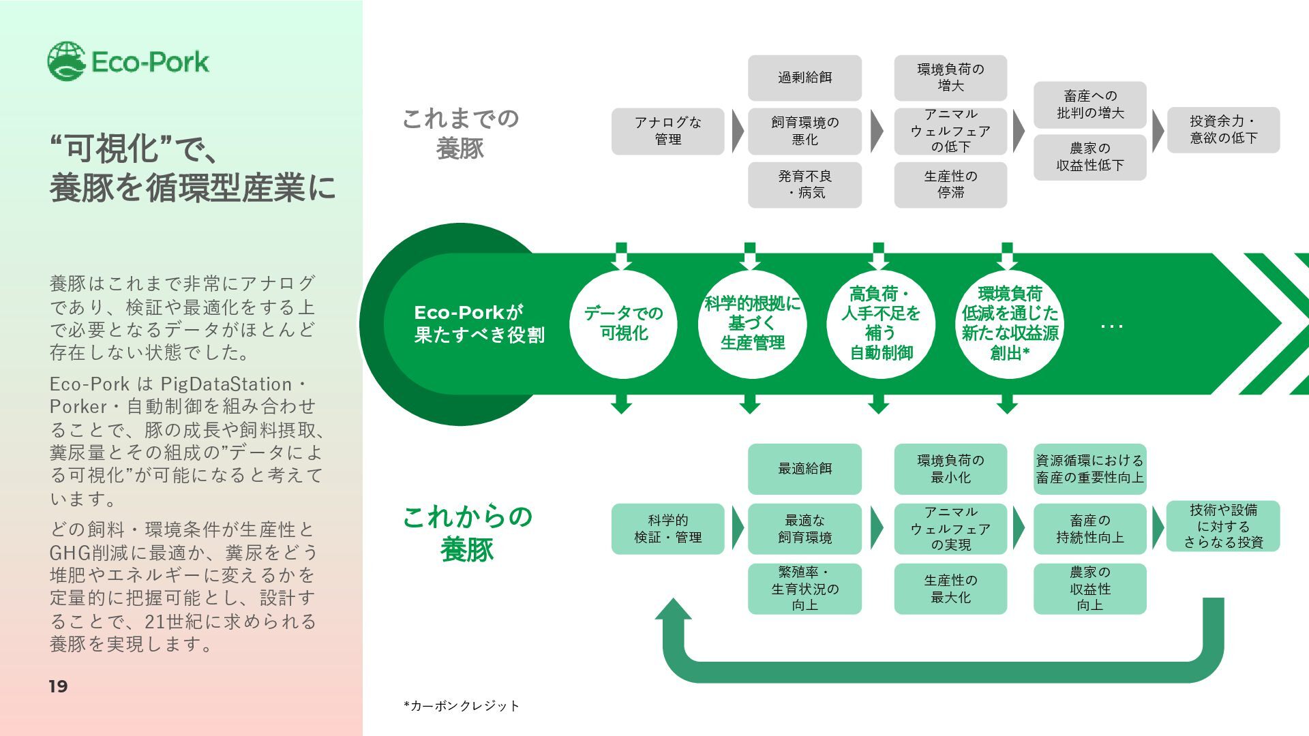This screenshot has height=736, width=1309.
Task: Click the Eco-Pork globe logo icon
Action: pyautogui.click(x=66, y=61)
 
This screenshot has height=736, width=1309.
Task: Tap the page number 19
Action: pyautogui.click(x=58, y=686)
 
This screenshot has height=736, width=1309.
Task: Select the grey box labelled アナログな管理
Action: pyautogui.click(x=667, y=131)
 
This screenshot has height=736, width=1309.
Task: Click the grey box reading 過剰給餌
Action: pyautogui.click(x=804, y=78)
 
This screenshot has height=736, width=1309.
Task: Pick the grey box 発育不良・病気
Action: pyautogui.click(x=804, y=185)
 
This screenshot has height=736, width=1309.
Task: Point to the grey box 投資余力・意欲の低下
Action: pyautogui.click(x=1223, y=129)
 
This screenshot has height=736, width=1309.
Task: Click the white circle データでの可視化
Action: pyautogui.click(x=623, y=324)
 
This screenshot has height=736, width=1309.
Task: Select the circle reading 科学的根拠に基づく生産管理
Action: pyautogui.click(x=752, y=324)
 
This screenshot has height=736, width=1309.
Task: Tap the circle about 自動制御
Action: pyautogui.click(x=880, y=324)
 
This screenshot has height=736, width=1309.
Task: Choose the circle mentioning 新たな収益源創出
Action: pyautogui.click(x=1009, y=324)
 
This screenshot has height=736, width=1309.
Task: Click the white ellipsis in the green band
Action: pyautogui.click(x=1111, y=326)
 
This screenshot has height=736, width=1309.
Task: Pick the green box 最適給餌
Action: pyautogui.click(x=804, y=469)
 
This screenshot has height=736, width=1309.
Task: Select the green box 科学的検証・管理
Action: pyautogui.click(x=667, y=529)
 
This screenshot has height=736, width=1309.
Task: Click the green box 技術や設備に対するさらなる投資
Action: pyautogui.click(x=1223, y=526)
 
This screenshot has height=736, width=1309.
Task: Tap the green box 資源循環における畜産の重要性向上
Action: pyautogui.click(x=1089, y=469)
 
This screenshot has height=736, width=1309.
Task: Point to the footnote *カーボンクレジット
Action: pyautogui.click(x=462, y=706)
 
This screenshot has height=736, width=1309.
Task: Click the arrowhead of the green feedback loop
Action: pyautogui.click(x=674, y=610)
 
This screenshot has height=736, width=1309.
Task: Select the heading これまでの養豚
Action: pyautogui.click(x=460, y=134)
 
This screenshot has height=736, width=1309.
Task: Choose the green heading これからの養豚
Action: pyautogui.click(x=467, y=533)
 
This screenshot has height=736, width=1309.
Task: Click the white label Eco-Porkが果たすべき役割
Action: pyautogui.click(x=479, y=324)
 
